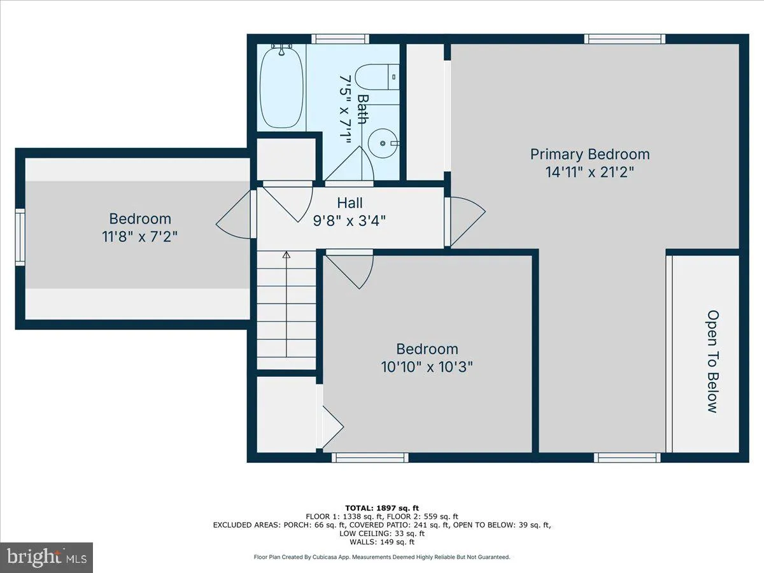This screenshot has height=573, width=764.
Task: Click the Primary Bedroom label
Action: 590,154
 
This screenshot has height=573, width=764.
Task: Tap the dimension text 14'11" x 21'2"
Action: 590,172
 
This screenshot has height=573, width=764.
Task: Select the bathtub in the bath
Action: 281,86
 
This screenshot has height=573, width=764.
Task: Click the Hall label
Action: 350,203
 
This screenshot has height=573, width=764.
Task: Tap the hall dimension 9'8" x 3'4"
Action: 350,220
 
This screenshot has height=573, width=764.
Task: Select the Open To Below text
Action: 712,361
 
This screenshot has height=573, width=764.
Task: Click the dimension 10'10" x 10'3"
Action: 427,367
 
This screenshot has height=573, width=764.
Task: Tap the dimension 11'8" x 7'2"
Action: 140,236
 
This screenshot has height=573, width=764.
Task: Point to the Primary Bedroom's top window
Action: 625,39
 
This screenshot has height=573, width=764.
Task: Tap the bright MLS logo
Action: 46,557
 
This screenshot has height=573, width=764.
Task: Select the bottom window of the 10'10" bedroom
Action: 370,457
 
